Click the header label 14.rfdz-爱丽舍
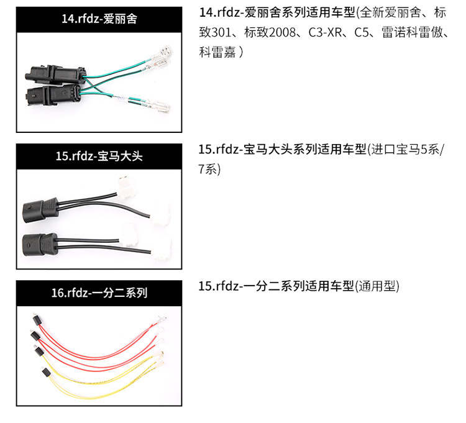[99, 19]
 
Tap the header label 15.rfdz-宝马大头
[99, 156]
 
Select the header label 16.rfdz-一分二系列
[99, 293]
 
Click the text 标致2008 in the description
[270, 32]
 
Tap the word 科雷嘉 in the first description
[217, 52]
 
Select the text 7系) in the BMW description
[209, 170]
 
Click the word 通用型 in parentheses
[377, 286]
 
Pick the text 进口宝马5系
[405, 149]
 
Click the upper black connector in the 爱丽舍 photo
[55, 74]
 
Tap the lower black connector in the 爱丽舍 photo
[53, 94]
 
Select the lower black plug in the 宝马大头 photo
[40, 245]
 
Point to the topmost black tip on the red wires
[37, 320]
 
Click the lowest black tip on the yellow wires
[46, 372]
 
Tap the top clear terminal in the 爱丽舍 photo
[162, 50]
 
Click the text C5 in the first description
[362, 32]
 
